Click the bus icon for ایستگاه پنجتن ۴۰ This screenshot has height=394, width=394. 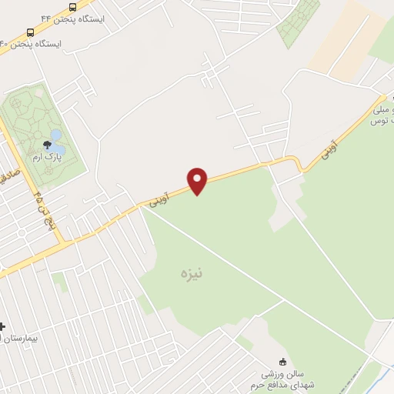tap(30, 32)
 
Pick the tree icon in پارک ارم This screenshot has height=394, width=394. tap(47, 145)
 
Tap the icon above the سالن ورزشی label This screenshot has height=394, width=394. tap(282, 362)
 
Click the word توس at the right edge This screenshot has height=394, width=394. tap(378, 121)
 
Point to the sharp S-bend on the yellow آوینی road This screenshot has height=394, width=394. tap(295, 164)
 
